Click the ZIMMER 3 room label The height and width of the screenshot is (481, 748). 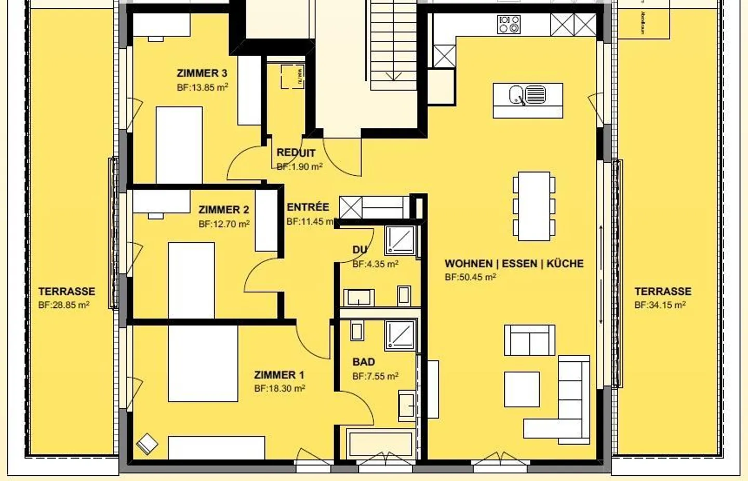click(202, 73)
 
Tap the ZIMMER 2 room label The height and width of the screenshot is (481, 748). click(223, 210)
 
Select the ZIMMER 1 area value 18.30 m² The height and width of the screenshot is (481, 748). click(279, 388)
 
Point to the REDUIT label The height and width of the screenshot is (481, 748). click(296, 153)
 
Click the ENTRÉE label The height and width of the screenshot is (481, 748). click(308, 207)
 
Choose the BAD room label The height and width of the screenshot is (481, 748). click(363, 362)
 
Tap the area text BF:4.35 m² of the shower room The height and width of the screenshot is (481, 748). click(375, 264)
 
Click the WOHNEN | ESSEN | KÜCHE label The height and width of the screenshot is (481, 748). click(514, 264)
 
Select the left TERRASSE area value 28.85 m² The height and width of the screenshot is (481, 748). click(64, 305)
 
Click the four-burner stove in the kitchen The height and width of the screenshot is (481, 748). click(509, 24)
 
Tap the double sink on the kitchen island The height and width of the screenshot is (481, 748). click(527, 96)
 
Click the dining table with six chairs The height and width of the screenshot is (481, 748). click(534, 206)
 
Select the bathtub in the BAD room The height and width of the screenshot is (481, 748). click(381, 444)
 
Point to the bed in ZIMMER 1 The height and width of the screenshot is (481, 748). click(203, 363)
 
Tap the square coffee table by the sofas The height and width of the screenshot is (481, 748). click(522, 389)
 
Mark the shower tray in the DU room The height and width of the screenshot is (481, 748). click(400, 239)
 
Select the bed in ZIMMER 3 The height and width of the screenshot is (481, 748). click(179, 145)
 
